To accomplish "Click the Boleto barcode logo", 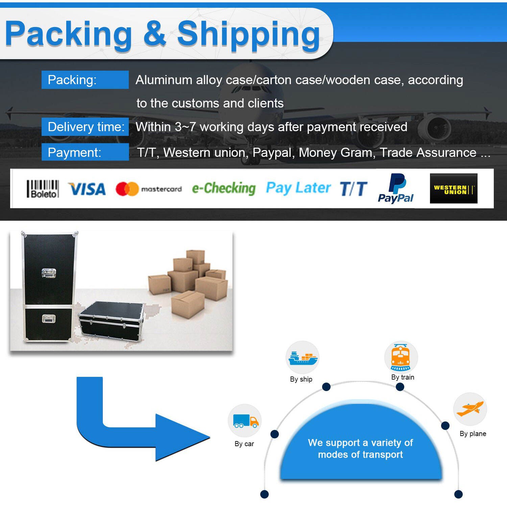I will click(x=43, y=189).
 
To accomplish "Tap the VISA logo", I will click(x=87, y=189).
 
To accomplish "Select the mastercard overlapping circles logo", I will click(x=127, y=189).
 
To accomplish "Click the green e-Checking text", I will click(x=224, y=188).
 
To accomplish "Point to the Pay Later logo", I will click(x=298, y=188).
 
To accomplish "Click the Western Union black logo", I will click(x=453, y=189).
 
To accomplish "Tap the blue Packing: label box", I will click(x=85, y=80).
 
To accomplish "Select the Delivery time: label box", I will click(x=85, y=127).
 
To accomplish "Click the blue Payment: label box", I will click(x=85, y=152).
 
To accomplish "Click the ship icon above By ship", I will click(x=302, y=358).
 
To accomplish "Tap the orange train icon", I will click(x=401, y=357).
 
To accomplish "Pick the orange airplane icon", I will click(x=470, y=409).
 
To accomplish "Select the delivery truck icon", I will click(x=245, y=421).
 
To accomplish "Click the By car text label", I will click(x=244, y=444).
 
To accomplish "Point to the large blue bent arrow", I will click(x=135, y=426).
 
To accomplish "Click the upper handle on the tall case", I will click(x=49, y=273).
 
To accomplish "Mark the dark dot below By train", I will click(x=400, y=387).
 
